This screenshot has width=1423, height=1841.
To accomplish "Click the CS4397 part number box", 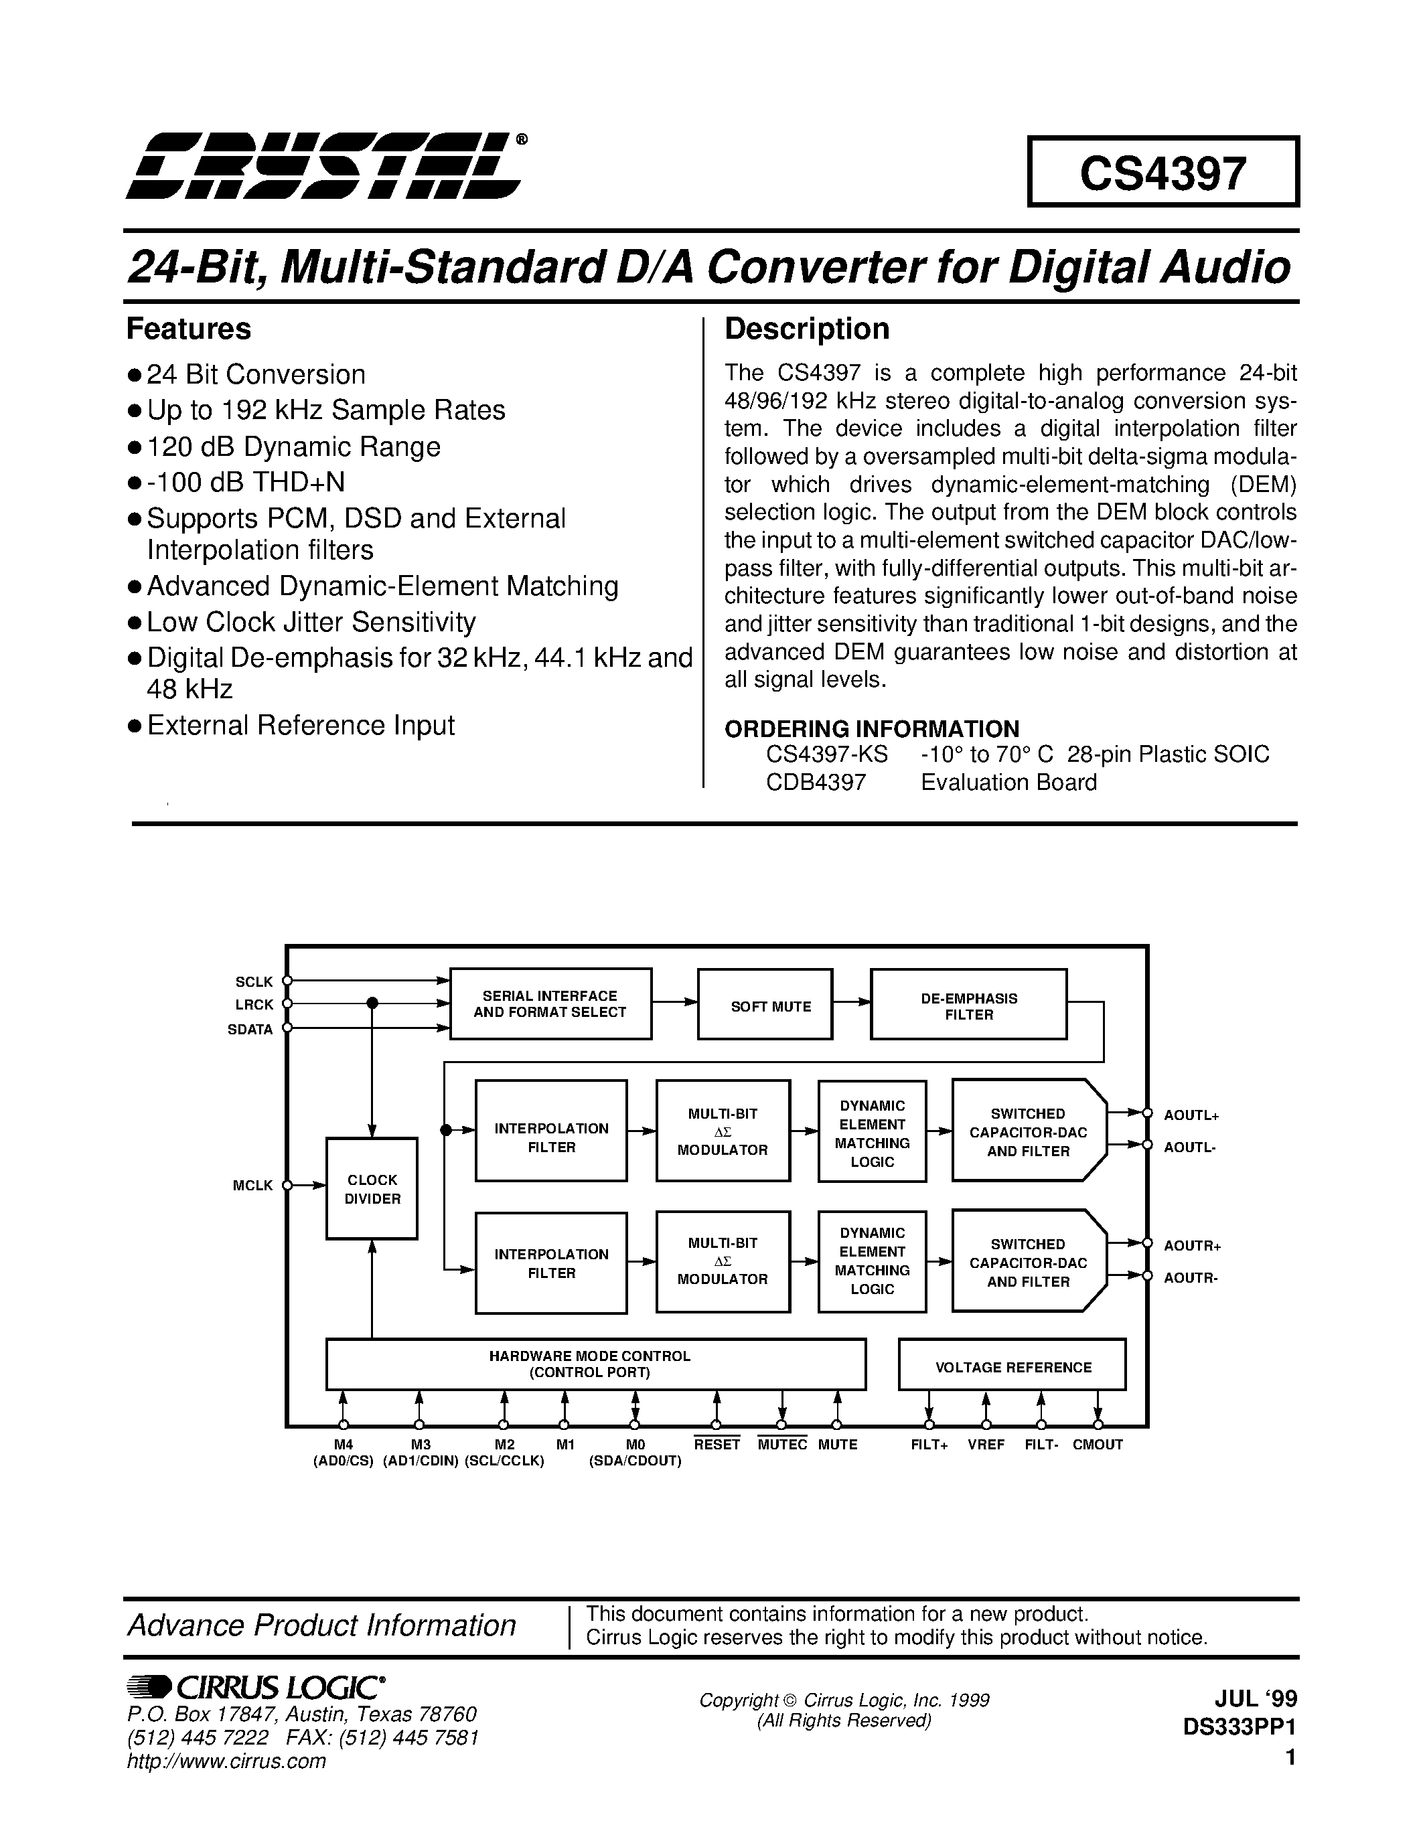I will click(x=1163, y=172).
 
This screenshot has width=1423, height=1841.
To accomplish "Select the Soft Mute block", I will click(x=765, y=1005).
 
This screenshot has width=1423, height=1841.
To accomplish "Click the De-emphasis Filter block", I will click(x=968, y=1005).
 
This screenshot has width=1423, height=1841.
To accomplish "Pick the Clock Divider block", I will click(x=372, y=1188).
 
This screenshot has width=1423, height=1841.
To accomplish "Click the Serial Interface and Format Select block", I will click(x=550, y=1003).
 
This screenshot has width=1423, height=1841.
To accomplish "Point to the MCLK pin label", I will click(x=253, y=1185).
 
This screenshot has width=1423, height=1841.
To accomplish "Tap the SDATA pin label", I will click(x=250, y=1029).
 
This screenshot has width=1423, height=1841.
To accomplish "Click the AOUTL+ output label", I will click(x=1191, y=1115).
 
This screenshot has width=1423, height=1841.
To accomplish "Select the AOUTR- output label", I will click(x=1191, y=1277).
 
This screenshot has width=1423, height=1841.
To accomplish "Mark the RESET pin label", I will click(x=717, y=1444).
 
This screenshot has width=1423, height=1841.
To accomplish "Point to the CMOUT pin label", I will click(x=1098, y=1444).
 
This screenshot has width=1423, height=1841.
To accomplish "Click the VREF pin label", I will click(x=986, y=1444).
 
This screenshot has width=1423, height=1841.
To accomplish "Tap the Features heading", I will click(x=189, y=329).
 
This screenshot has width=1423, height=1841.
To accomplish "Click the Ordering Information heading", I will click(x=872, y=728).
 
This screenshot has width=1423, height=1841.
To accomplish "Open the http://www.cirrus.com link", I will click(x=226, y=1761).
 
